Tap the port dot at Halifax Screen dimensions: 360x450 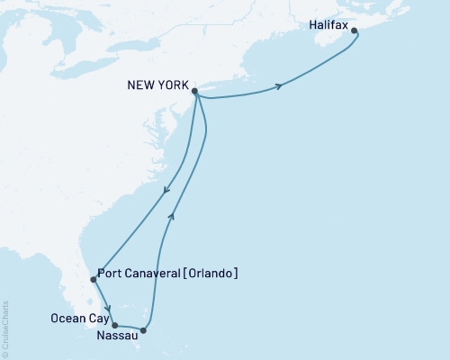[x=354, y=31]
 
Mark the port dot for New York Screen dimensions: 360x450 [x=195, y=91]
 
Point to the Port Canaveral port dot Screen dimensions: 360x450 [x=94, y=280]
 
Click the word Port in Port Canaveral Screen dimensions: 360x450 [x=115, y=274]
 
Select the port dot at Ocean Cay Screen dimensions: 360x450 [x=113, y=324]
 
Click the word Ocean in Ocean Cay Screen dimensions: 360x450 [x=66, y=317]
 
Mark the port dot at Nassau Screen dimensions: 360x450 [x=144, y=330]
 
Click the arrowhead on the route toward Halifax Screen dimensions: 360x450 [x=280, y=86]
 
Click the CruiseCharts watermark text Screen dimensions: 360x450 [x=6, y=325]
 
